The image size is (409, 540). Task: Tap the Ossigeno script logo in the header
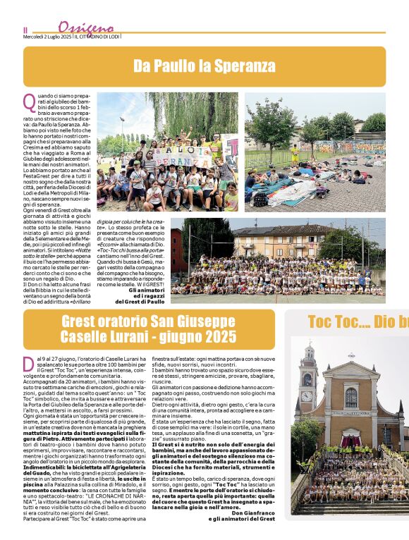(80, 27)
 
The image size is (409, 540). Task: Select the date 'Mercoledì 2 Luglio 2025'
(47, 36)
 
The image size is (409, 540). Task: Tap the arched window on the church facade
(350, 398)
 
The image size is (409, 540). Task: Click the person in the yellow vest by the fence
(294, 154)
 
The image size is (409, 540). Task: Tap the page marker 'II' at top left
(26, 30)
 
